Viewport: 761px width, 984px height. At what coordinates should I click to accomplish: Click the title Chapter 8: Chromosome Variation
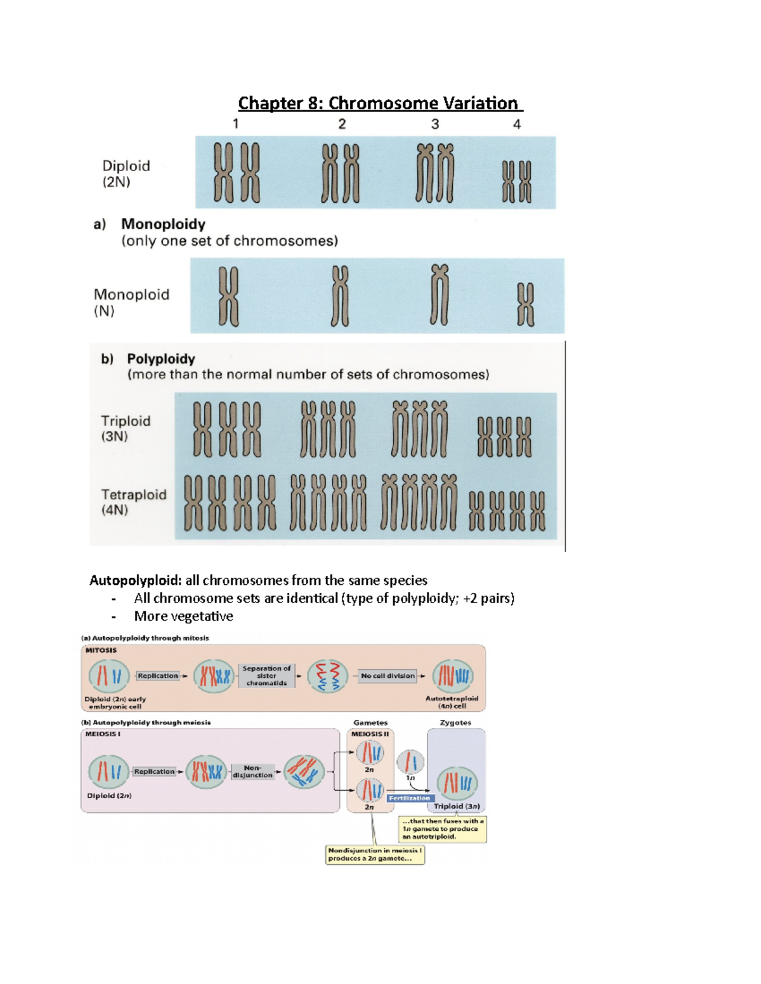pos(380,103)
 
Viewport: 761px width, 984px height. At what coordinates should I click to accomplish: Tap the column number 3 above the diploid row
pos(435,124)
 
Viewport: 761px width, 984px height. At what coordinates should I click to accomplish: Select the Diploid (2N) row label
pos(126,174)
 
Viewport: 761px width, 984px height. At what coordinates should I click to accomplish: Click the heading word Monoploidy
pos(163,224)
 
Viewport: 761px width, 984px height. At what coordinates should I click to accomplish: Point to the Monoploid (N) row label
pos(131,302)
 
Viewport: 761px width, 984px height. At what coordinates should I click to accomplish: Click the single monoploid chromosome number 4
pos(525,304)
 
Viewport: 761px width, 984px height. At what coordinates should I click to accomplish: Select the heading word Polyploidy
pos(160,359)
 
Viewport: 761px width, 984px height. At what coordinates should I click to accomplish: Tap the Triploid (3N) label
pos(126,428)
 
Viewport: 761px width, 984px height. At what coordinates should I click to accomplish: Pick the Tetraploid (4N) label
pos(133,502)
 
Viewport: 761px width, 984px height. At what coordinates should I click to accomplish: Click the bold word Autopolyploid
pos(135,580)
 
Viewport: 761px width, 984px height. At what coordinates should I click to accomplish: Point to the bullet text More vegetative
pos(183,617)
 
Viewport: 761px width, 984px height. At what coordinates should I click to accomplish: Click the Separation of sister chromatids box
pos(266,675)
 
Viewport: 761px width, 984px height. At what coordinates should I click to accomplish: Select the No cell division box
pos(387,675)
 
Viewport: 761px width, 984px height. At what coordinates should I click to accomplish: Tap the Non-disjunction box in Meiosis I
pos(252,771)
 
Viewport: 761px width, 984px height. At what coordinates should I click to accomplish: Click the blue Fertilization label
pos(409,798)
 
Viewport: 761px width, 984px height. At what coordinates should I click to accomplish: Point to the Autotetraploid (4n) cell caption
pos(452,702)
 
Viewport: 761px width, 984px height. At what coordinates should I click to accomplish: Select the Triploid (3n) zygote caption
pos(457,807)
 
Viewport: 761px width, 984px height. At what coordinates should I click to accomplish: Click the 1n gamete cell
pos(410,762)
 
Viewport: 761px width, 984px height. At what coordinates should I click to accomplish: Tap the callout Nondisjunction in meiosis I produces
pos(375,854)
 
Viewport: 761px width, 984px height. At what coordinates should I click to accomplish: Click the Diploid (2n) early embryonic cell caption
pos(115,703)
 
